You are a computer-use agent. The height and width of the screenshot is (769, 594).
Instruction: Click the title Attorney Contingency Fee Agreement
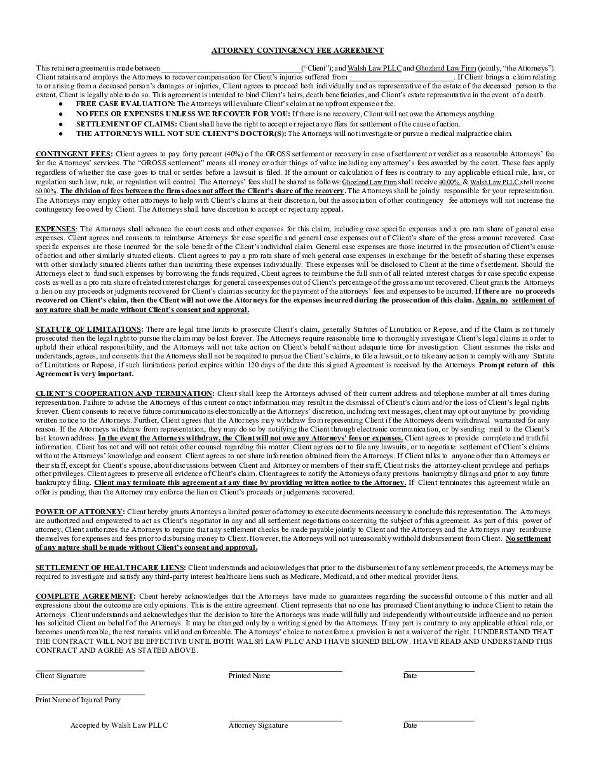point(297,50)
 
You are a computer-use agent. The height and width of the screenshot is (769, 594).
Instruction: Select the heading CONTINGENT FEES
point(73,154)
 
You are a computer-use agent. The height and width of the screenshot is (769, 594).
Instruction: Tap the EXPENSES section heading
point(55,229)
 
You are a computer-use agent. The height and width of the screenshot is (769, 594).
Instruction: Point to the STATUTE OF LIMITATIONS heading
point(88,329)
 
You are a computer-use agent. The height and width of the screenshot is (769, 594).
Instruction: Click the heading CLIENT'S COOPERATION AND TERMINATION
point(125,394)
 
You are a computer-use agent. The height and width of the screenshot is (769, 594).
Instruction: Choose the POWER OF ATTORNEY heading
point(79,512)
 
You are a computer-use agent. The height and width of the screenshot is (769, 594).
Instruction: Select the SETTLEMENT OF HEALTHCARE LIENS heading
point(111,568)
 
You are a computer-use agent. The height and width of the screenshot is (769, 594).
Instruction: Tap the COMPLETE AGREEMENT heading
point(84,596)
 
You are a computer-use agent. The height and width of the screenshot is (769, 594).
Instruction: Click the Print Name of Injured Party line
point(90,693)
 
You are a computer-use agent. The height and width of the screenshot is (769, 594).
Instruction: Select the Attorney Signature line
point(285,721)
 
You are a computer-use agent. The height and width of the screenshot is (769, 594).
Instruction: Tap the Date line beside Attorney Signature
point(438,721)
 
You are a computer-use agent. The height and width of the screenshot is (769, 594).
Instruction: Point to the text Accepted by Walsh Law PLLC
point(119,725)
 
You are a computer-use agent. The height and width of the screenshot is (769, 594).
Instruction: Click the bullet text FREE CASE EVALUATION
point(125,104)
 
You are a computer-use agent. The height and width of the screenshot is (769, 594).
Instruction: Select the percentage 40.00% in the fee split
point(449,182)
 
